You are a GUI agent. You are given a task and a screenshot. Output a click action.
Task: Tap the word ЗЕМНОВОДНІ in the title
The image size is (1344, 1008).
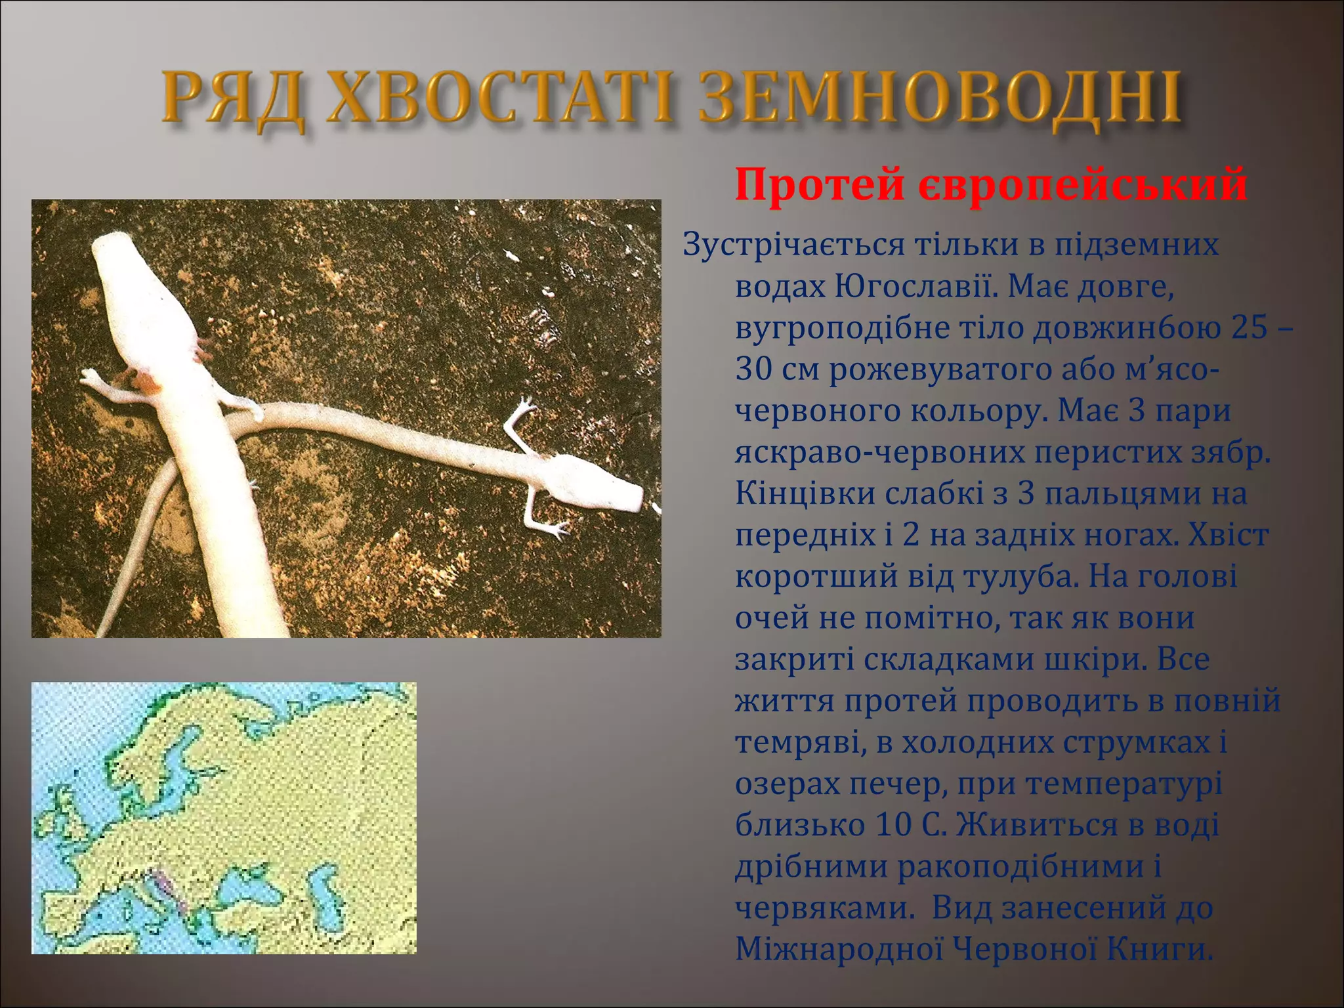point(940,99)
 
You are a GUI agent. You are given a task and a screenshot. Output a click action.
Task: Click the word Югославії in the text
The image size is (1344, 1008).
point(916,286)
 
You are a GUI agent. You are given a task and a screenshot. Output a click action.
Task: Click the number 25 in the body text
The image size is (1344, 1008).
point(1249,327)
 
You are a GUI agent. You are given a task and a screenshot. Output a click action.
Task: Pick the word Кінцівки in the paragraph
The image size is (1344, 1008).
point(806,493)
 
